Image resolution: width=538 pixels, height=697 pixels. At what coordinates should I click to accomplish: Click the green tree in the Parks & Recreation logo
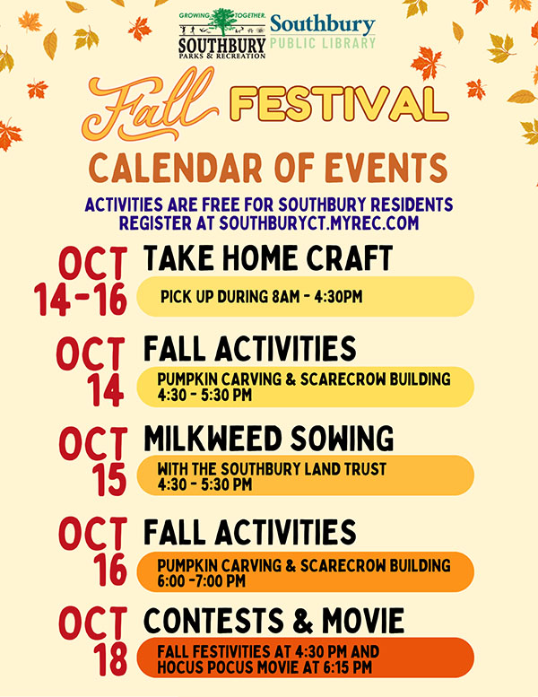click(222, 22)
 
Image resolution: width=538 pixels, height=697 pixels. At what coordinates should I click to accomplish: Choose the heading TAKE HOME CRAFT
click(268, 259)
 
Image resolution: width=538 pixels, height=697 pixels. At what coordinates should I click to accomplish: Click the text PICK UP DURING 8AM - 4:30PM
click(262, 297)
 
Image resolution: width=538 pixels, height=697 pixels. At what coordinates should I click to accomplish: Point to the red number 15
click(109, 480)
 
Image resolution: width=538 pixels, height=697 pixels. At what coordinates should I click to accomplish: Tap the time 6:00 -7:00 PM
click(201, 581)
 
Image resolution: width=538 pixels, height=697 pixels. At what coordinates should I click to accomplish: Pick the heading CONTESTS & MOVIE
click(273, 620)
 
